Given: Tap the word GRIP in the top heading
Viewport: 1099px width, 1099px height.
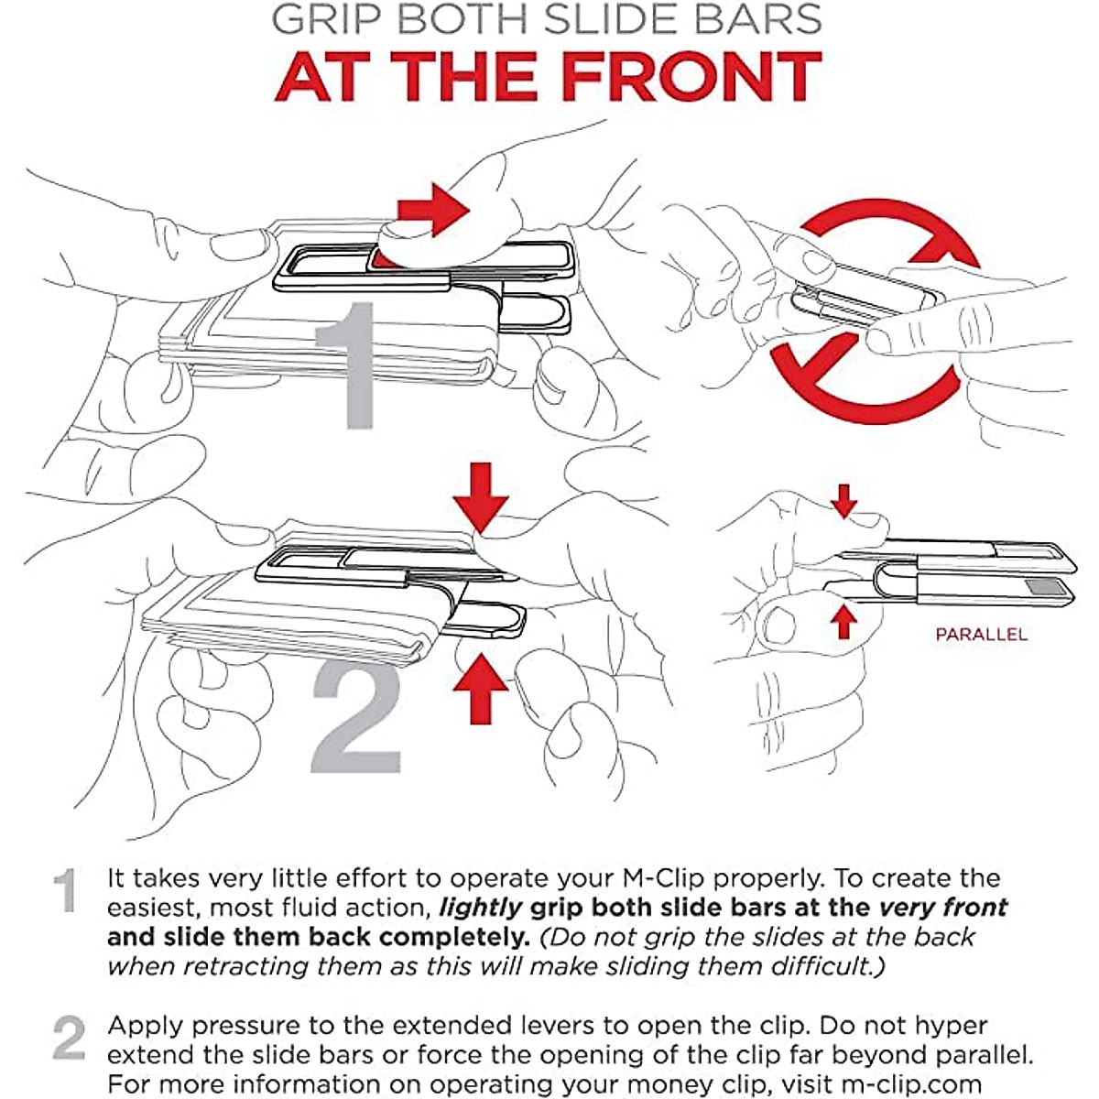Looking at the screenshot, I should pos(324,19).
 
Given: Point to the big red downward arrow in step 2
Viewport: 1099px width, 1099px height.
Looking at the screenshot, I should pos(481,498).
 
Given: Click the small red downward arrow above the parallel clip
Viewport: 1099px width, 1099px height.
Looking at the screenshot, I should pos(844,502).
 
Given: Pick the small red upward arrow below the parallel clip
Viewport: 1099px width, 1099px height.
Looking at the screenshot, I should pos(843,622).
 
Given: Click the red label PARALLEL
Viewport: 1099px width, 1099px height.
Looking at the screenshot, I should pos(981,634).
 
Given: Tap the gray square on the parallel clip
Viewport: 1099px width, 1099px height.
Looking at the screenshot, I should pos(1040,587).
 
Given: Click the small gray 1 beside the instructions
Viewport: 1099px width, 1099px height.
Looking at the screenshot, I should pos(65,891).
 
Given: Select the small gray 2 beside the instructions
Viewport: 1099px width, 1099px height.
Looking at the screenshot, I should pos(69,1039).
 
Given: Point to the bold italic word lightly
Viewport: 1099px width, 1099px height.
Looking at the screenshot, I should pos(480,908).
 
